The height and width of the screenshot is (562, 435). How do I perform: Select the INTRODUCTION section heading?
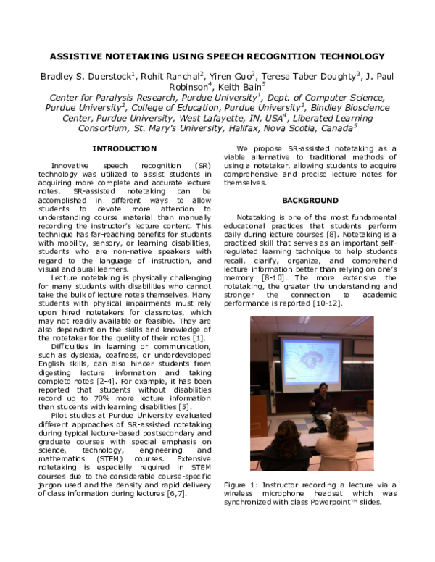tap(124, 148)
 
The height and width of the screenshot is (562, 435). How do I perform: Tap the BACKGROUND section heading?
tap(310, 200)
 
